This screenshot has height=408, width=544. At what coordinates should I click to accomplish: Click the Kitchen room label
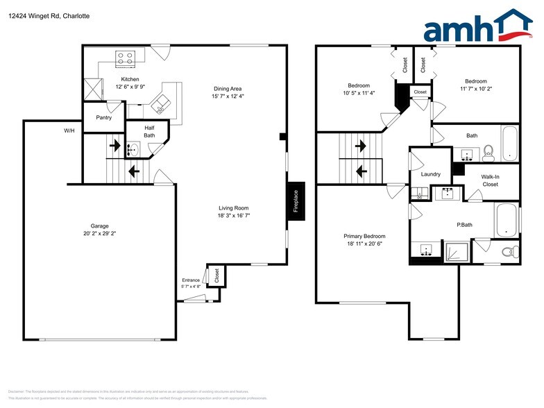point(130,80)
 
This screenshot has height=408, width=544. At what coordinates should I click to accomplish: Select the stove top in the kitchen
point(126,59)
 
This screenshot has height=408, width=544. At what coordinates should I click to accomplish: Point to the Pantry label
point(104,118)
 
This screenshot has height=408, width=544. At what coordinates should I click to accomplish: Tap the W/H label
point(69,130)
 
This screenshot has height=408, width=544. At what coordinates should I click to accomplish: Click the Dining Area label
point(228,89)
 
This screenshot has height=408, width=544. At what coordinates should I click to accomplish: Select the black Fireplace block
point(296,201)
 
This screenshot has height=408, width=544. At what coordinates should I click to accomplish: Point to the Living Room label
point(233,208)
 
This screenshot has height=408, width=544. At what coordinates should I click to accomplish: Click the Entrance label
point(191,280)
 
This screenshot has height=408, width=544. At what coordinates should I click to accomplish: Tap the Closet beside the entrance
point(216,275)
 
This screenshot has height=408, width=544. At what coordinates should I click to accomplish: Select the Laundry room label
point(430,174)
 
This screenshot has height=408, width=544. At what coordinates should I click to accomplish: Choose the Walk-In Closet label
point(490,180)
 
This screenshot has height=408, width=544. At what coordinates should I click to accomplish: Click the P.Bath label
point(464,225)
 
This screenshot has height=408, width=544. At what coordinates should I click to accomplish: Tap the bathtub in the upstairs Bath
point(509,144)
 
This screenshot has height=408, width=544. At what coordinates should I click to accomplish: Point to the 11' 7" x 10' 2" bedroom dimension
point(475,90)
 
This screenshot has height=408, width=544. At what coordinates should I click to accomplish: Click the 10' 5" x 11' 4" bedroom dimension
point(358,93)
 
